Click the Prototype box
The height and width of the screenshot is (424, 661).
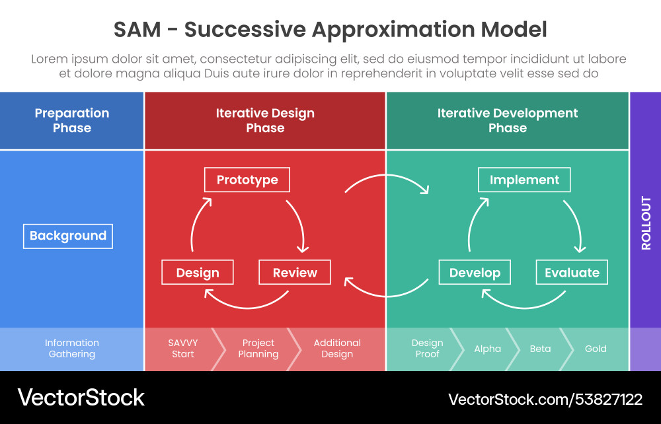[x=247, y=180]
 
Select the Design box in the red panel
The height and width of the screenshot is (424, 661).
[x=198, y=273]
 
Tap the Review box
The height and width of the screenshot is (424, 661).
[x=295, y=273]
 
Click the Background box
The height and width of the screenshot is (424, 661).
[x=68, y=236]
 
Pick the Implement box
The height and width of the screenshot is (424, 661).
[x=524, y=180]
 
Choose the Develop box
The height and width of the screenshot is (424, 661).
[x=475, y=273]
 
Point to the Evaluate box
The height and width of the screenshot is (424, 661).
[x=572, y=273]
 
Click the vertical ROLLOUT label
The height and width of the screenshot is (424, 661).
[x=646, y=223]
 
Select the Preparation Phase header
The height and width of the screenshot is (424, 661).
[x=72, y=120]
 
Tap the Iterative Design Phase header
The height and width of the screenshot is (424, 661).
[x=265, y=120]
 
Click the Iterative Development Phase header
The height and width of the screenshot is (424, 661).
[x=508, y=120]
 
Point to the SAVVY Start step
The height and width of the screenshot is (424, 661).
[x=183, y=349]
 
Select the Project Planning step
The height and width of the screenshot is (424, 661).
[x=258, y=349]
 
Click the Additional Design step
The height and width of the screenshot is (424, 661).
[x=337, y=349]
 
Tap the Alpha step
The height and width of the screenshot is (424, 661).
[x=488, y=349]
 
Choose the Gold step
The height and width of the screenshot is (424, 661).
[x=596, y=349]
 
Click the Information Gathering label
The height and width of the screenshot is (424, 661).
[x=72, y=349]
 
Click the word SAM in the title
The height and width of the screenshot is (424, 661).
[x=137, y=30]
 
